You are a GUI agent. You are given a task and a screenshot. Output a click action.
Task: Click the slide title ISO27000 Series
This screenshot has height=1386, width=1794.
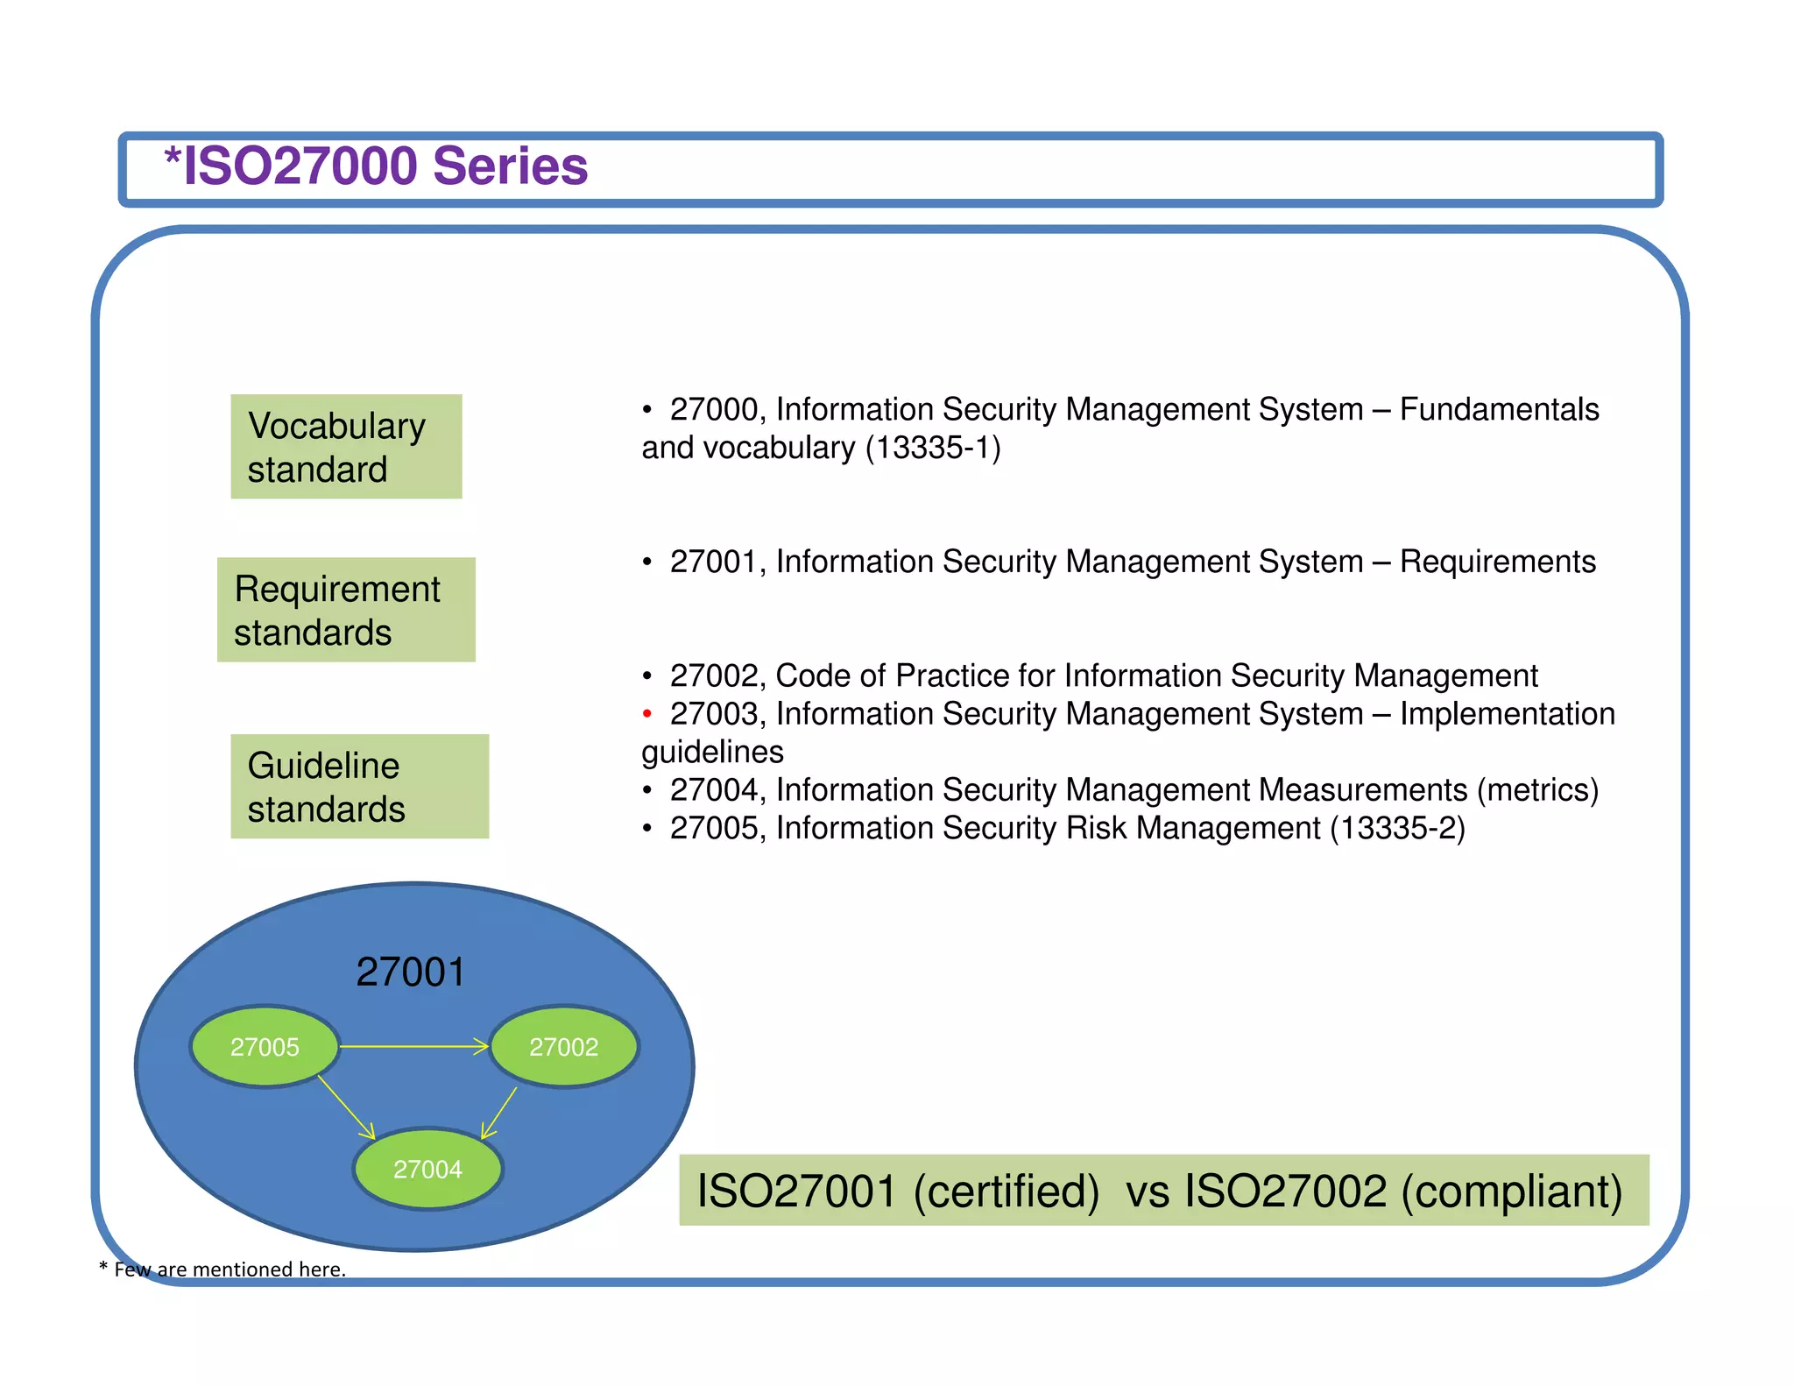point(377,166)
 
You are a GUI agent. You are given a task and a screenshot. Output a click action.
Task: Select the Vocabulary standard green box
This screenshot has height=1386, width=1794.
point(346,447)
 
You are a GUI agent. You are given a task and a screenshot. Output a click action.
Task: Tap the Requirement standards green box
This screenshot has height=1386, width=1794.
point(346,610)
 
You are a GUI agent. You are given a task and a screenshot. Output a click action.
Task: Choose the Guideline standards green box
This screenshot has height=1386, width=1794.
point(359,787)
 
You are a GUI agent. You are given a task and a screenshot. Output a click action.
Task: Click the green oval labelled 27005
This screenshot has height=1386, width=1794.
point(265,1046)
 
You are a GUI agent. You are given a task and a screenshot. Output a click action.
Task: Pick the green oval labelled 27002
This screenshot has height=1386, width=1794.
point(564,1046)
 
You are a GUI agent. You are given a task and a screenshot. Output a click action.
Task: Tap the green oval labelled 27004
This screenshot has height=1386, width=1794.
point(427,1169)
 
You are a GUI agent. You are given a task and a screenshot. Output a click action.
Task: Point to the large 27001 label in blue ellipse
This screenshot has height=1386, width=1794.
point(410,972)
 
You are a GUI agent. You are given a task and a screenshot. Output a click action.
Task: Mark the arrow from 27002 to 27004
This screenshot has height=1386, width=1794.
point(499,1113)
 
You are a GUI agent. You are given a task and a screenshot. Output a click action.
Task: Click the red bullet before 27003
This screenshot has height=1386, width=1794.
point(646,714)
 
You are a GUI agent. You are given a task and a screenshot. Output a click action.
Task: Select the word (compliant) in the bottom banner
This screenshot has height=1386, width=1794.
point(1511,1192)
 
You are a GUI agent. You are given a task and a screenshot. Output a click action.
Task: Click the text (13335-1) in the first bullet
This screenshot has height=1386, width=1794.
point(933,448)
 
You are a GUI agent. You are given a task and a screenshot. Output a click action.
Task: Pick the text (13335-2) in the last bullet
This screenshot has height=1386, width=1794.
point(1397,828)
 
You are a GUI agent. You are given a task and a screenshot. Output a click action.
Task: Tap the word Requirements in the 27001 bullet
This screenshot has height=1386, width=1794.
point(1498,562)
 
